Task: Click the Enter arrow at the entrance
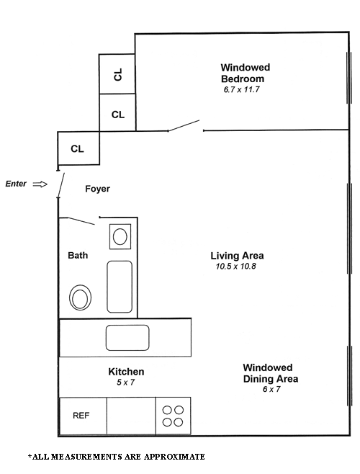pyautogui.click(x=40, y=184)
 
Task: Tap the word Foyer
pyautogui.click(x=97, y=189)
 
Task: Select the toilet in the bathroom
pyautogui.click(x=80, y=298)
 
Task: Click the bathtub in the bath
pyautogui.click(x=120, y=287)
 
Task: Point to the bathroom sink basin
pyautogui.click(x=120, y=236)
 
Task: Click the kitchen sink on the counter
pyautogui.click(x=127, y=338)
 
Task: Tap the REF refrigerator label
pyautogui.click(x=81, y=416)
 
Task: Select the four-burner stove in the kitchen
pyautogui.click(x=173, y=416)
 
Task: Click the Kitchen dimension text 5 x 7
pyautogui.click(x=126, y=383)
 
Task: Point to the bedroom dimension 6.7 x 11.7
pyautogui.click(x=241, y=90)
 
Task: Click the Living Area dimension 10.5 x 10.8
pyautogui.click(x=235, y=267)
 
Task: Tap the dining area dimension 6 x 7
pyautogui.click(x=271, y=389)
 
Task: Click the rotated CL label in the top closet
pyautogui.click(x=118, y=74)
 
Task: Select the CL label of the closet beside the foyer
pyautogui.click(x=77, y=148)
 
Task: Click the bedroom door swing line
pyautogui.click(x=184, y=125)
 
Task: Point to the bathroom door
pyautogui.click(x=81, y=221)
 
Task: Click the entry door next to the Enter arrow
pyautogui.click(x=60, y=185)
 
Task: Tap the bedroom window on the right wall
pyautogui.click(x=349, y=78)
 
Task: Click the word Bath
pyautogui.click(x=78, y=256)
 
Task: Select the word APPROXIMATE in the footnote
pyautogui.click(x=174, y=457)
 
